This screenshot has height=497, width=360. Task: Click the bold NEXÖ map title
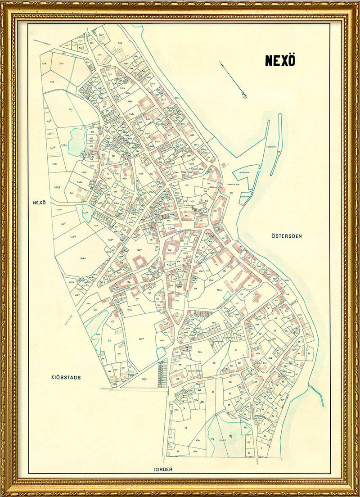coord(280,61)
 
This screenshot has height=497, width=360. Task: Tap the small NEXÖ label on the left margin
coord(40,203)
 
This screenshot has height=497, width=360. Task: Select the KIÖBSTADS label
coord(66,377)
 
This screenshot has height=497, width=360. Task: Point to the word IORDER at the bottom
coord(163,469)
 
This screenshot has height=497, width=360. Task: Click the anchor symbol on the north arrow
coord(244,95)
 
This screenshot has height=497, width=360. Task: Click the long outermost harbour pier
coord(275,144)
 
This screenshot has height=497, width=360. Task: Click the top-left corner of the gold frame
coord(4,4)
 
